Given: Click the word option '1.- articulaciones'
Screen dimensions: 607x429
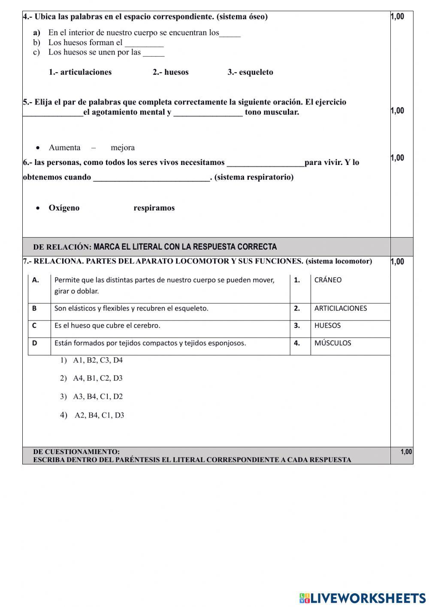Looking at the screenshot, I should click(x=80, y=72).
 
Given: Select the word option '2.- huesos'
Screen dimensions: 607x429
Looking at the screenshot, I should click(x=170, y=72).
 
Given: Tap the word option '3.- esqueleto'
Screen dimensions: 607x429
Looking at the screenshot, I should click(x=250, y=72).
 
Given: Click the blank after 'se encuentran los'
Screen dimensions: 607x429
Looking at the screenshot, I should click(x=230, y=34).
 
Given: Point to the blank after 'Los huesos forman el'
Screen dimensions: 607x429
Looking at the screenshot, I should click(x=144, y=43).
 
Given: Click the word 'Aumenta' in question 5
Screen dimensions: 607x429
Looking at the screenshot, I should click(x=64, y=148).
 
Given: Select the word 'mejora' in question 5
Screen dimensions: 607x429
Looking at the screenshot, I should click(x=123, y=148).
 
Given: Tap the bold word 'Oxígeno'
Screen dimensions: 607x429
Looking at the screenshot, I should click(x=64, y=208).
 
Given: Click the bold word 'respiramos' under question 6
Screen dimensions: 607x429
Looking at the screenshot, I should click(x=154, y=208).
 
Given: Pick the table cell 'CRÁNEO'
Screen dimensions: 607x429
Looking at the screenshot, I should click(x=328, y=280).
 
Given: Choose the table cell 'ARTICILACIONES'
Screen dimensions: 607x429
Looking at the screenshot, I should click(x=341, y=308).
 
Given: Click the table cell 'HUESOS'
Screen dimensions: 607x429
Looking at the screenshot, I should click(x=327, y=326).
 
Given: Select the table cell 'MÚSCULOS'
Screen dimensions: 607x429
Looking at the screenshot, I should click(x=332, y=343).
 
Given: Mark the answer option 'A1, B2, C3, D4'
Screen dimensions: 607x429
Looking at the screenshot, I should click(x=97, y=360).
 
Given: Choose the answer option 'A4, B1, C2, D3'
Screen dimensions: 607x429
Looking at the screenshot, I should click(x=97, y=378).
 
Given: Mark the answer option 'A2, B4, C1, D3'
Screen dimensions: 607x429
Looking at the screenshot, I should click(x=99, y=415).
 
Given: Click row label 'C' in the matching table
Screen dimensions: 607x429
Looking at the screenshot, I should click(x=34, y=326).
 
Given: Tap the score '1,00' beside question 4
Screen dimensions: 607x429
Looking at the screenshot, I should click(x=397, y=17).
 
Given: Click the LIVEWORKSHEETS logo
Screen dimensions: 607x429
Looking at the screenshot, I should click(x=363, y=598).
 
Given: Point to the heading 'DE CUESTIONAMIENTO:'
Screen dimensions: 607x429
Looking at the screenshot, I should click(x=76, y=452).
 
